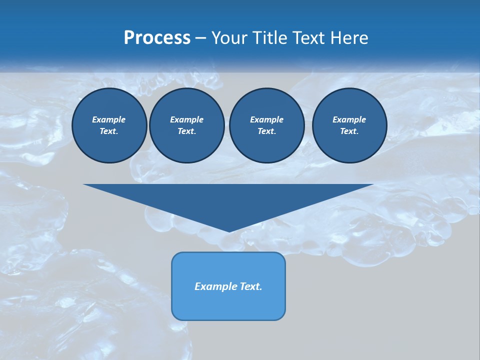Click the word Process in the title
[x=157, y=38]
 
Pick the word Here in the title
[x=350, y=38]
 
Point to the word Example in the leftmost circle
[x=109, y=119]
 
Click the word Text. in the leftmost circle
[x=109, y=131]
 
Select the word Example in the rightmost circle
[x=349, y=119]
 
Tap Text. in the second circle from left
[x=186, y=131]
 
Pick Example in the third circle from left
[x=266, y=119]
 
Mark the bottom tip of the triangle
[x=229, y=231]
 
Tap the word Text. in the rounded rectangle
[x=250, y=286]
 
